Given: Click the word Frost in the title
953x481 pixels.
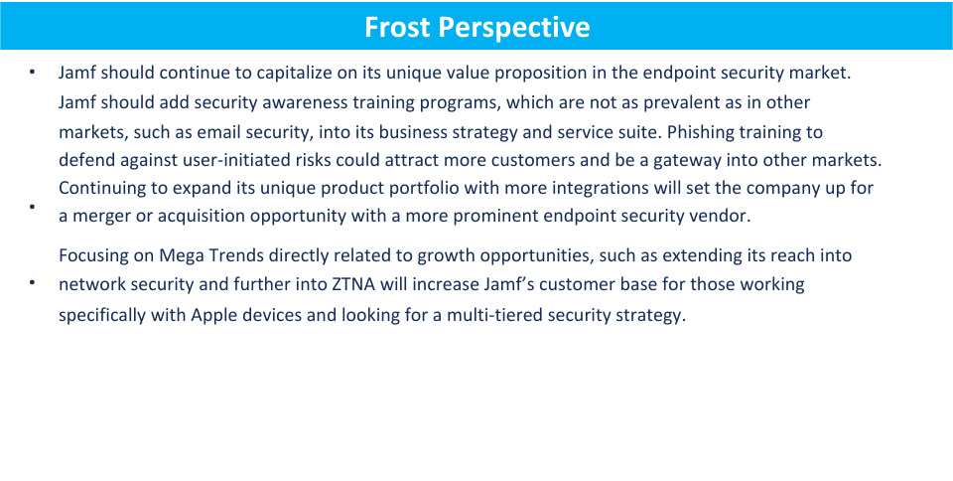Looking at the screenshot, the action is click(x=396, y=26).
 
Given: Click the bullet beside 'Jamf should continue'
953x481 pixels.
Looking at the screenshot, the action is click(x=33, y=74).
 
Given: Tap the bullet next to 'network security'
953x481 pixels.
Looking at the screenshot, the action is click(x=33, y=284).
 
